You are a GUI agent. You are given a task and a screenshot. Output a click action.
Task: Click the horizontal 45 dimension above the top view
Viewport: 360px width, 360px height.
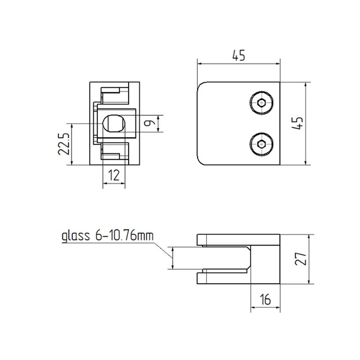[x=238, y=56]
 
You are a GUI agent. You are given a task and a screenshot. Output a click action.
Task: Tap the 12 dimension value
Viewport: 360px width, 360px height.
[x=114, y=175]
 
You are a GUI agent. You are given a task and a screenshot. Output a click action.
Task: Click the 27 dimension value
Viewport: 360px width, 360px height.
[x=301, y=259]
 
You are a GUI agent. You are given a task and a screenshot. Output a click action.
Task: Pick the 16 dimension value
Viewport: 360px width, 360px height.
[x=265, y=300]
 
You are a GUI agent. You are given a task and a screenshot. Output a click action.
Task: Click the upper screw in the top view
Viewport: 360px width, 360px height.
[x=262, y=103]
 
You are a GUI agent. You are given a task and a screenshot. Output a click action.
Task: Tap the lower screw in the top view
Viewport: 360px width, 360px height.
[x=262, y=144]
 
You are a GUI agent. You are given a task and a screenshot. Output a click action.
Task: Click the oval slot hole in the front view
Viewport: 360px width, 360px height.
[x=113, y=123]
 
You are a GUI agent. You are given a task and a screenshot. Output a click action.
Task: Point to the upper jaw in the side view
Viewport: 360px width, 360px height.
[x=238, y=240]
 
